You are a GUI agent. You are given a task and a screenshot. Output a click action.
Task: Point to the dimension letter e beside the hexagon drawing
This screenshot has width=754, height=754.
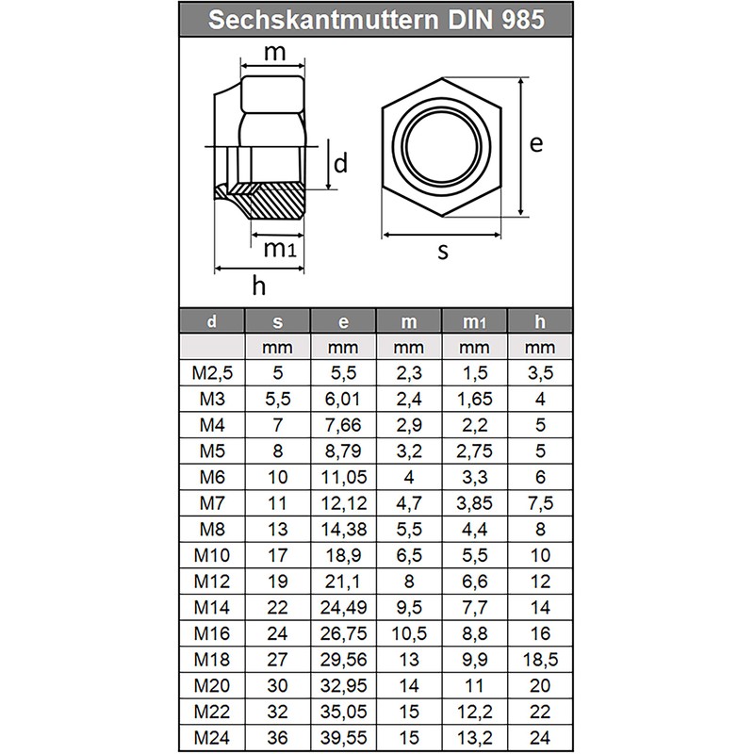pos(536,143)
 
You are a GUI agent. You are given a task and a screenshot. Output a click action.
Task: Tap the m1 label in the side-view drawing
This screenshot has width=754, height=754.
pos(279,249)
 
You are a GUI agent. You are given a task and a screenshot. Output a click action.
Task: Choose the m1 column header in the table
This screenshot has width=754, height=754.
pos(474,322)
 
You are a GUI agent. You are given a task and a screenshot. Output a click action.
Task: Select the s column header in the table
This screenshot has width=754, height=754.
pos(278,322)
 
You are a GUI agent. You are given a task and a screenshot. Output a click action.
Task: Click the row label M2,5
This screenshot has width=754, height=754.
pos(211,372)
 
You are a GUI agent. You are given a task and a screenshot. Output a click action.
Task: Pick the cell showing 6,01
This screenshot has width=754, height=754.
pos(343,397)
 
